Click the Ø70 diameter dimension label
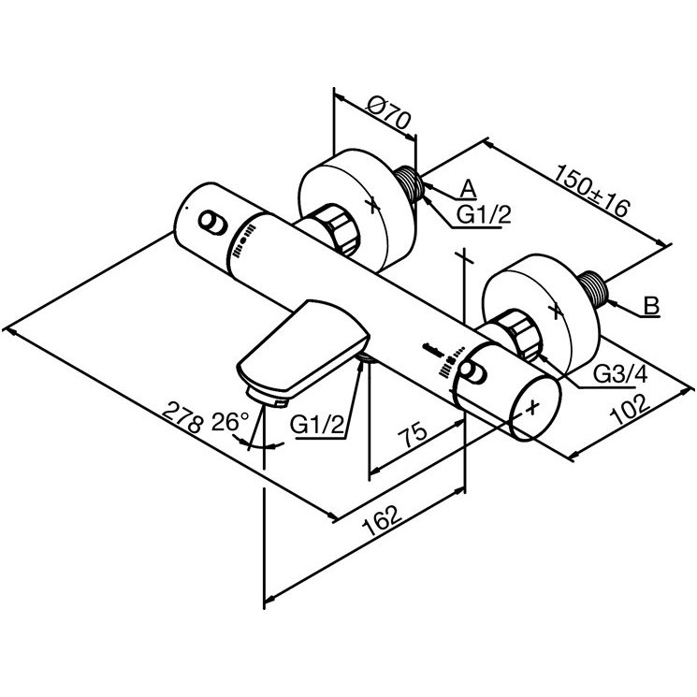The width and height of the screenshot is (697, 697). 388,114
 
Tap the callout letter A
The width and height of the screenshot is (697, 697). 468,189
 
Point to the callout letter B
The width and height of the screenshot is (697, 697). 651,306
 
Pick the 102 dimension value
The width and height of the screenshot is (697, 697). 631,410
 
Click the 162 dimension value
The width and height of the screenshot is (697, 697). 383,520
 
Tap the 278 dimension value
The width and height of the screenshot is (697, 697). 182,417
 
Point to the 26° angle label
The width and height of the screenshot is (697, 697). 230,421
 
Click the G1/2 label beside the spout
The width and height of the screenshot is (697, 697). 317,425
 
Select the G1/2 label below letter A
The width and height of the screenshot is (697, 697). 484,215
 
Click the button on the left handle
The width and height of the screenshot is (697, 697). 212,222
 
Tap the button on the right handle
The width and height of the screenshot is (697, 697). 473,372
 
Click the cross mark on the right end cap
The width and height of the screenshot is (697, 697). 532,407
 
